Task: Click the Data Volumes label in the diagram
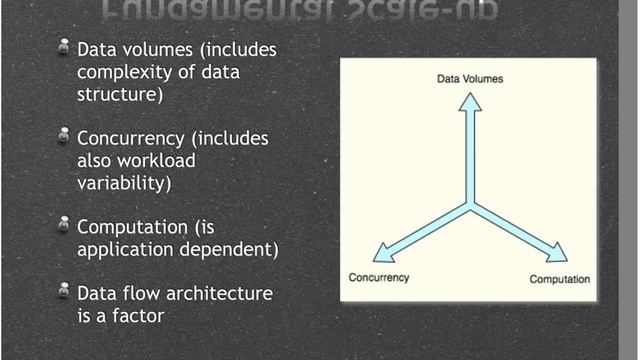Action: pos(470,77)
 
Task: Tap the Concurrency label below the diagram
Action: pos(378,277)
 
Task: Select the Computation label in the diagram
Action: pos(559,278)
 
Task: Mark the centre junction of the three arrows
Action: pos(470,204)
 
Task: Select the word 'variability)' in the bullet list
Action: pos(124,183)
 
